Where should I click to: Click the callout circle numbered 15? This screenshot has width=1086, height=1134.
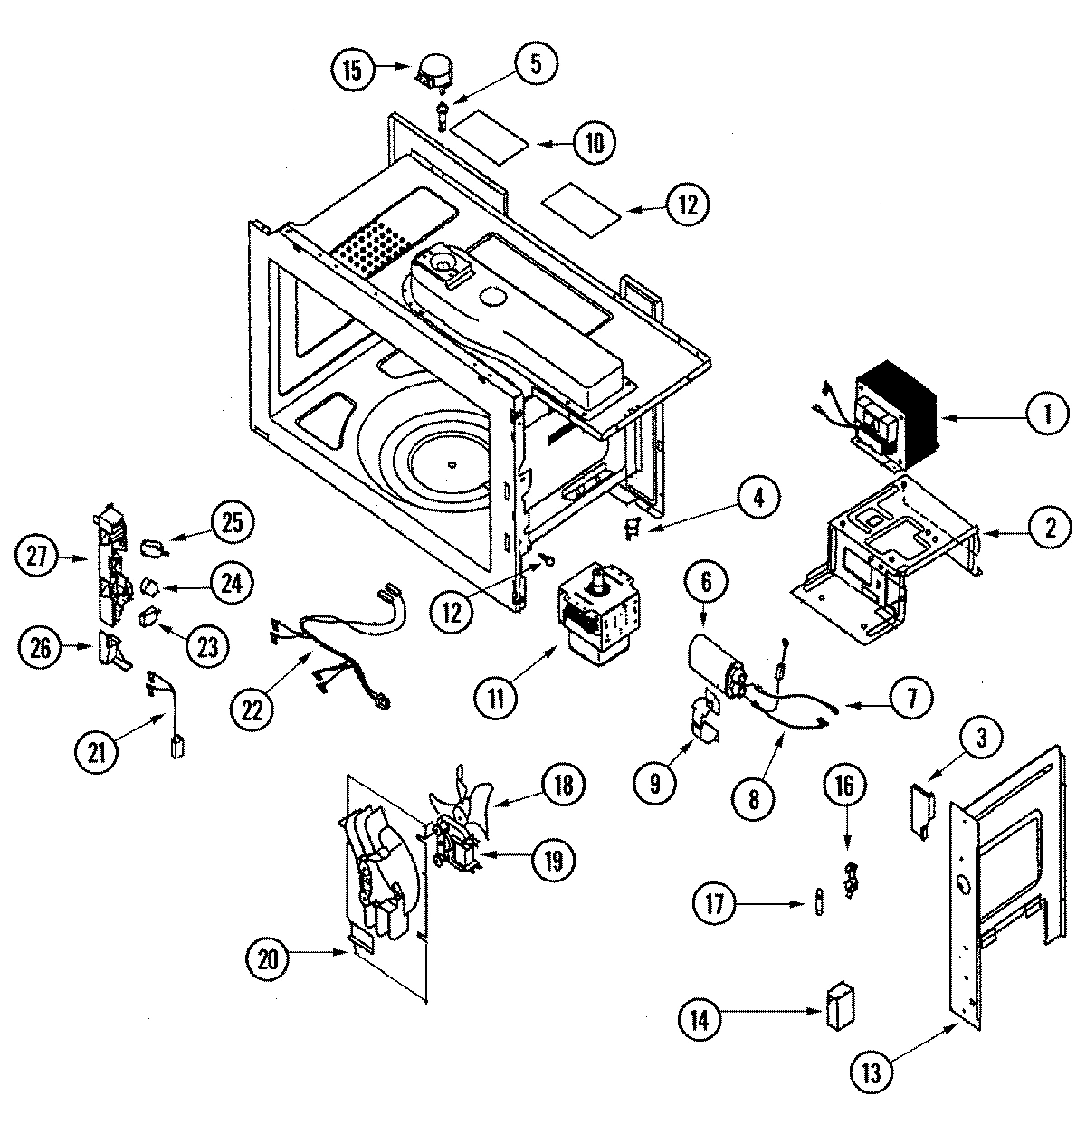click(352, 71)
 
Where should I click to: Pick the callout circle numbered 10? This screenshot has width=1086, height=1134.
click(594, 142)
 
